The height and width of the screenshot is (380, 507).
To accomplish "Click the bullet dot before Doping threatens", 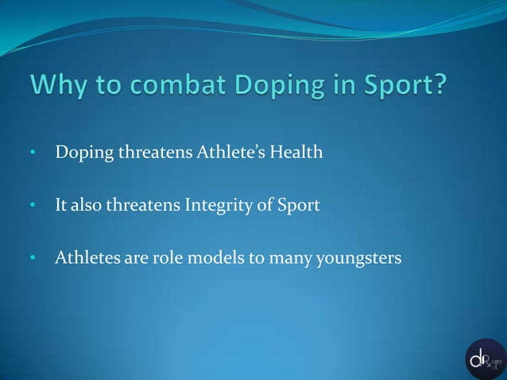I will (x=33, y=153).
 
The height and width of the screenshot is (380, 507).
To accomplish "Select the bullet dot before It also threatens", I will (x=33, y=206).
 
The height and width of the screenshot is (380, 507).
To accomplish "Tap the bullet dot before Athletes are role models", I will (x=33, y=258).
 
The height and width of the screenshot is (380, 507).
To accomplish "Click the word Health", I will (x=295, y=152).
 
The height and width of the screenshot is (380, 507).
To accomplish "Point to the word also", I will (x=87, y=205).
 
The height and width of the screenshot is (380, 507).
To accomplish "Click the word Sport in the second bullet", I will (x=299, y=206).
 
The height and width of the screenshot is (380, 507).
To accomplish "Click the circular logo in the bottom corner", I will (x=486, y=359).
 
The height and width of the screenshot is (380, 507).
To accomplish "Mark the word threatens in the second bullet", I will (x=144, y=205).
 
